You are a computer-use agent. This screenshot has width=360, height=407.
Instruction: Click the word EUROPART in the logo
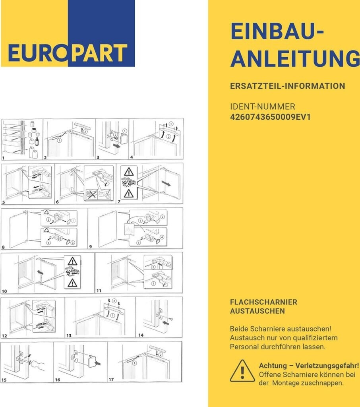point(68,53)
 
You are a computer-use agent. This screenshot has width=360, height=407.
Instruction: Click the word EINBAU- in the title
point(277,31)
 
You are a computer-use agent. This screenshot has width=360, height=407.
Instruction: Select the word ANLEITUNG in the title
point(295,59)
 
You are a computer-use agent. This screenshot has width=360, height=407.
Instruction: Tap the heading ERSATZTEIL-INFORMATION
point(288,86)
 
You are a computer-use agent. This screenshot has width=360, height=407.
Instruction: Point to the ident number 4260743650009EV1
point(270,117)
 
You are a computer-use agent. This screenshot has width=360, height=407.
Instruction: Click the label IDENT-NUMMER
point(263,107)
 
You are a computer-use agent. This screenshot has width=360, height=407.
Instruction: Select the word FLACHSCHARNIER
point(263,302)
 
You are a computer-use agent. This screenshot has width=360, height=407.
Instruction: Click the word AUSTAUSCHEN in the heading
point(257,311)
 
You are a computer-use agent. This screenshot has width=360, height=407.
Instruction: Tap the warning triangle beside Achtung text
point(242,371)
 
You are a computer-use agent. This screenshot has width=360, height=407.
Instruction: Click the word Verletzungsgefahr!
point(327,366)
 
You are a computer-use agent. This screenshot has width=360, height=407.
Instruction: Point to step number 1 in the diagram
point(3,158)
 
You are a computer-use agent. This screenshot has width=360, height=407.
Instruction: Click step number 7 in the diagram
point(119,202)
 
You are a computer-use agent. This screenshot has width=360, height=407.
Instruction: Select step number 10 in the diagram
point(4,291)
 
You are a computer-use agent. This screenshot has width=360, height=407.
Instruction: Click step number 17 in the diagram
point(111,380)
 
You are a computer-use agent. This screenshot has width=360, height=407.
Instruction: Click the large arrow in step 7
point(166,183)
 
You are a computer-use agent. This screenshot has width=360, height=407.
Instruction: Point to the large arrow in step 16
point(98,363)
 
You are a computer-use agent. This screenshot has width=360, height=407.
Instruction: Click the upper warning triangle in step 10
point(72,261)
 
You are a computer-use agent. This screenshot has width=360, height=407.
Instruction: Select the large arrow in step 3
point(117,146)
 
